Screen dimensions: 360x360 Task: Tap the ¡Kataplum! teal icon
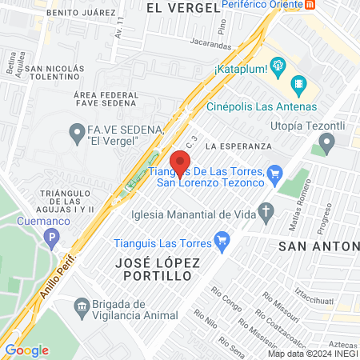click(x=278, y=66)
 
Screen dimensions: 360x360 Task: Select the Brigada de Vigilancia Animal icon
click(x=80, y=306)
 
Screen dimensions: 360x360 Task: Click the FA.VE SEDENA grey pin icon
click(x=77, y=130)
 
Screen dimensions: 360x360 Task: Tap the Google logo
click(x=26, y=350)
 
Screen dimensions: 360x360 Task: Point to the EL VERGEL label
click(x=184, y=7)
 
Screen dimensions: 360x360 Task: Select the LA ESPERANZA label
click(x=238, y=147)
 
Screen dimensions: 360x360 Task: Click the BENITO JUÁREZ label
click(x=58, y=13)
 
